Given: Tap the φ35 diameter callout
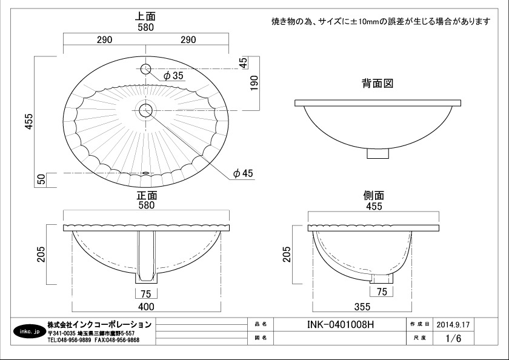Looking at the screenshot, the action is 173,76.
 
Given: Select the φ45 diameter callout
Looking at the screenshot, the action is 243,173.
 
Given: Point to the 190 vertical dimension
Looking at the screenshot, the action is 254,83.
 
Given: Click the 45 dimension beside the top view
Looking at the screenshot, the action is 244,62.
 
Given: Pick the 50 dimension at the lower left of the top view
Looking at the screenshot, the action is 42,179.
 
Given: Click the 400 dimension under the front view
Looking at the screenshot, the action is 146,307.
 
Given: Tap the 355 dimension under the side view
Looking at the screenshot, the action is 362,307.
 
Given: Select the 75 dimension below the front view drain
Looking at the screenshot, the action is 146,294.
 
